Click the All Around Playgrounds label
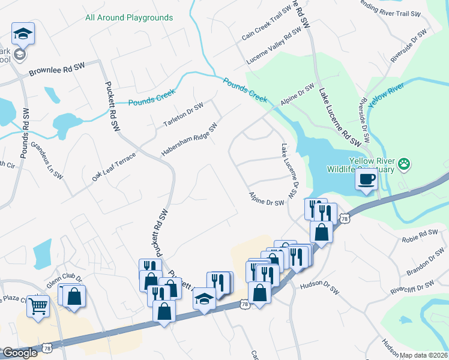pyautogui.click(x=129, y=17)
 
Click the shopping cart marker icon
pyautogui.click(x=38, y=305)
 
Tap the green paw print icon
pyautogui.click(x=405, y=163)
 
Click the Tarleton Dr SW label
pyautogui.click(x=184, y=115)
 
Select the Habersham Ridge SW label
pyautogui.click(x=188, y=141)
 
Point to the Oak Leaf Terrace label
pyautogui.click(x=114, y=167)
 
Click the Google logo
pyautogui.click(x=20, y=353)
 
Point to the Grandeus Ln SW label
pyautogui.click(x=47, y=160)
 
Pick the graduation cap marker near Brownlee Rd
pyautogui.click(x=23, y=34)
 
